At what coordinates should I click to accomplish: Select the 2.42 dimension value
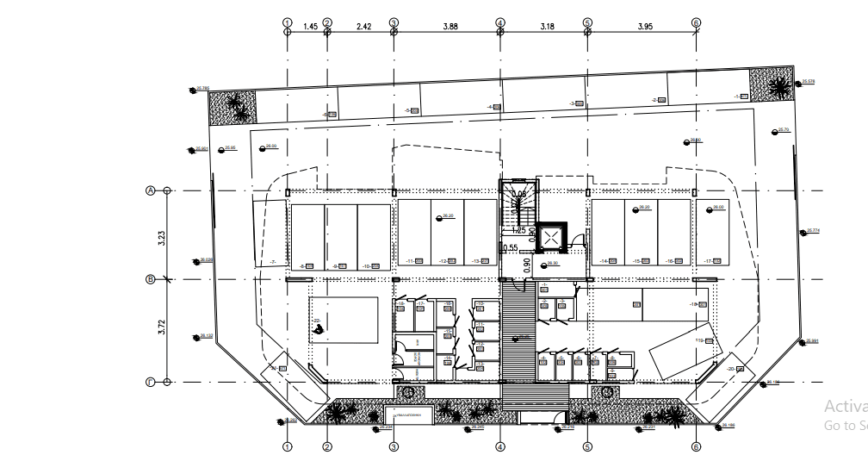click(x=363, y=27)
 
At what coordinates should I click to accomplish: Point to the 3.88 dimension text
click(x=449, y=27)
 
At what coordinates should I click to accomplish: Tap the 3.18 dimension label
click(x=547, y=27)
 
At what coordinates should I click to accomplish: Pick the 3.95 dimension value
click(x=645, y=27)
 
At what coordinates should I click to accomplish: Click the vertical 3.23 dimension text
click(x=161, y=237)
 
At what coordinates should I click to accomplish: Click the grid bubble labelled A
click(x=150, y=190)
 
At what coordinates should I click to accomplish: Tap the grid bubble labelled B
click(x=150, y=279)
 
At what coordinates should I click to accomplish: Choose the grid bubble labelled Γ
click(x=150, y=383)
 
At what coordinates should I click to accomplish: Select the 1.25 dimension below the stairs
click(x=518, y=231)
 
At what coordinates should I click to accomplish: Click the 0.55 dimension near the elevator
click(x=511, y=248)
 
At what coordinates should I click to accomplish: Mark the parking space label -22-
click(x=317, y=321)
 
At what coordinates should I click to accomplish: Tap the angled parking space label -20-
click(x=731, y=369)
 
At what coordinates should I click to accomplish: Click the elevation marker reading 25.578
click(x=808, y=81)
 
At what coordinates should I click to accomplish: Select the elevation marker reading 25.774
click(x=813, y=230)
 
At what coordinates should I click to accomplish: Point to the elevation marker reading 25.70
click(x=782, y=130)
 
